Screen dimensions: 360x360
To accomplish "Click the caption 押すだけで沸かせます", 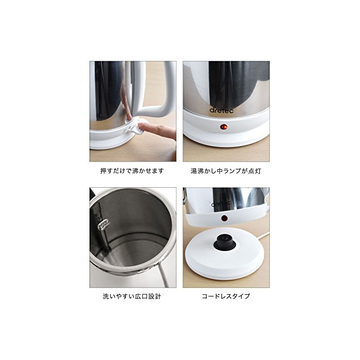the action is click(x=132, y=171).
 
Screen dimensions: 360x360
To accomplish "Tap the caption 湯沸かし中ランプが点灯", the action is click(x=226, y=171).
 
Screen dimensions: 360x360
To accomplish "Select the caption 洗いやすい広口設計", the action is click(x=132, y=296).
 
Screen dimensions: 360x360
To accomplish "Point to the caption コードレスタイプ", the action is click(x=226, y=296).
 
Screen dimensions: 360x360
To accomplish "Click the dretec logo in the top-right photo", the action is click(x=221, y=111).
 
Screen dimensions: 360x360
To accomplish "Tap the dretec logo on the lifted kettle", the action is click(x=221, y=203).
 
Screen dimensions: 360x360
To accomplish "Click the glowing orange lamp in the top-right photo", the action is click(x=223, y=127).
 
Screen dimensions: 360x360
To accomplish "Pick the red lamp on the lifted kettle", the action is click(x=224, y=218).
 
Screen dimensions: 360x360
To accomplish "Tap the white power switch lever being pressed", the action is click(x=137, y=125).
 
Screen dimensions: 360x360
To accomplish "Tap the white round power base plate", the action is click(x=224, y=255).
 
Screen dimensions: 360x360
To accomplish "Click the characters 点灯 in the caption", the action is click(x=255, y=171).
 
